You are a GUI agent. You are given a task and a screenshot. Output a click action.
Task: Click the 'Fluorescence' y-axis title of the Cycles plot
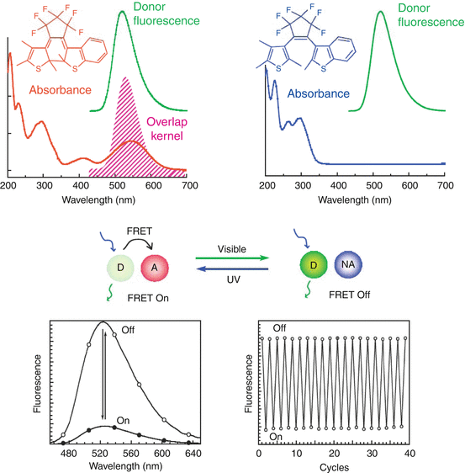pyautogui.click(x=246, y=383)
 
